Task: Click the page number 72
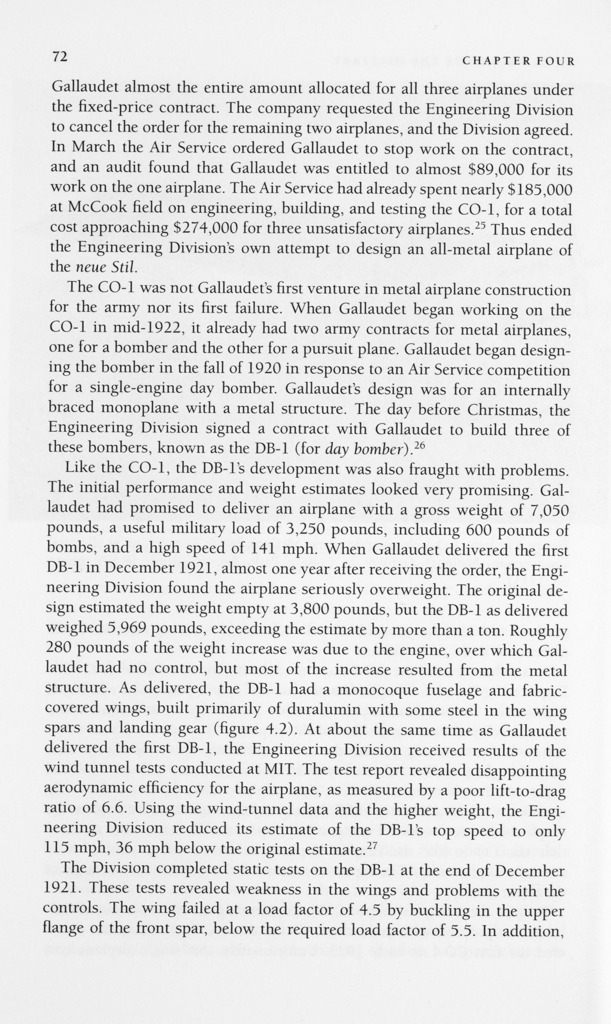(x=59, y=56)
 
